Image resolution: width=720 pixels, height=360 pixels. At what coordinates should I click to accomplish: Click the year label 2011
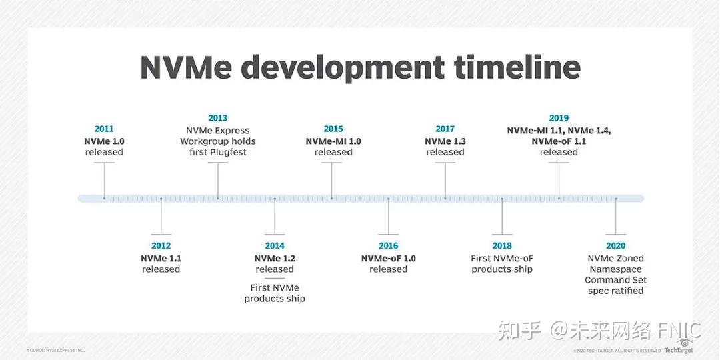pyautogui.click(x=104, y=129)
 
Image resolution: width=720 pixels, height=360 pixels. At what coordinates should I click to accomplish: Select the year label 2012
pyautogui.click(x=161, y=246)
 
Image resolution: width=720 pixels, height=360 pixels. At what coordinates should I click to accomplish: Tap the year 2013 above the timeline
pyautogui.click(x=217, y=118)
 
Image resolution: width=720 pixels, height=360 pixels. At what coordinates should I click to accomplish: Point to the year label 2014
pyautogui.click(x=274, y=246)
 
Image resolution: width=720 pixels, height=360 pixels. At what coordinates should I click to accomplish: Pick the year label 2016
pyautogui.click(x=388, y=246)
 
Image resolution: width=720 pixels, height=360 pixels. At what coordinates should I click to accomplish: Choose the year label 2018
pyautogui.click(x=502, y=246)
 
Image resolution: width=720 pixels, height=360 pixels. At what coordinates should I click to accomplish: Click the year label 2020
pyautogui.click(x=615, y=246)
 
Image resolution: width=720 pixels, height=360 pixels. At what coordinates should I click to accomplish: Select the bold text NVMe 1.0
pyautogui.click(x=104, y=141)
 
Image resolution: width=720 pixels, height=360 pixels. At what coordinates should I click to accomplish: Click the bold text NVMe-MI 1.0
pyautogui.click(x=333, y=141)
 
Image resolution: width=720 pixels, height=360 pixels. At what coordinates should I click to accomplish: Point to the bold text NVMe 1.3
pyautogui.click(x=445, y=141)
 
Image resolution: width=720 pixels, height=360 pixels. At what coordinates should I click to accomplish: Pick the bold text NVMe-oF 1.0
pyautogui.click(x=388, y=259)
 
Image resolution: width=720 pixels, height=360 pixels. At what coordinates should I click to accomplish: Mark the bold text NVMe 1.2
pyautogui.click(x=274, y=259)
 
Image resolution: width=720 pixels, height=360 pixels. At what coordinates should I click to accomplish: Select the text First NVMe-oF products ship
pyautogui.click(x=502, y=264)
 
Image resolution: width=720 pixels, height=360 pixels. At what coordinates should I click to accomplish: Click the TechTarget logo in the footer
pyautogui.click(x=679, y=348)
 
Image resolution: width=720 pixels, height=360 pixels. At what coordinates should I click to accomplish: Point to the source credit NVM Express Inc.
pyautogui.click(x=56, y=350)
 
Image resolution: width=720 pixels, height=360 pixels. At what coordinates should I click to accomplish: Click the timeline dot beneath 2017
pyautogui.click(x=445, y=198)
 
